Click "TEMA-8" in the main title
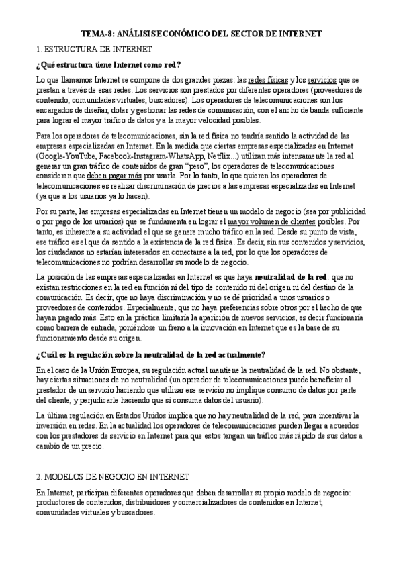pyautogui.click(x=99, y=32)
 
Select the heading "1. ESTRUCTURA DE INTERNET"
pyautogui.click(x=94, y=49)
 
